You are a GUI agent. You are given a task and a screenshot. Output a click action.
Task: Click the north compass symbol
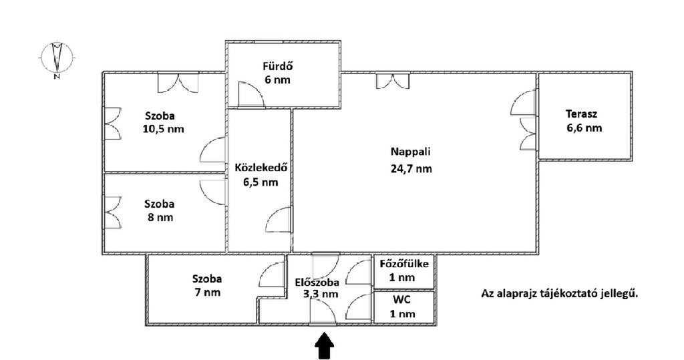57,59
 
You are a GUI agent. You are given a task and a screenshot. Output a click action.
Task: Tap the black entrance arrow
324,346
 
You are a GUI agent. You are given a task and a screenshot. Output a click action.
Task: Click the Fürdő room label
277,67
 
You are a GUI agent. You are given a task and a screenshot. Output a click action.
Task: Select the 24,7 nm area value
411,169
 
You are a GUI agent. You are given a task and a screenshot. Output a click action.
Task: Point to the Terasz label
582,114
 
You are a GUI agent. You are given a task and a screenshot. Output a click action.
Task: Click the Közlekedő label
261,168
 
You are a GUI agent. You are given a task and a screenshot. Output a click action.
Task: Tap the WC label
401,300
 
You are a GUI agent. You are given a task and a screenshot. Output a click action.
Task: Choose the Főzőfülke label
404,264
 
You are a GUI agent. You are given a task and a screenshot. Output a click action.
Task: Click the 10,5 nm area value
163,129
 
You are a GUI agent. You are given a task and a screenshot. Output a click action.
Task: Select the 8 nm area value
160,217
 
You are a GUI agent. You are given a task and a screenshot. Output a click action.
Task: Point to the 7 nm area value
208,293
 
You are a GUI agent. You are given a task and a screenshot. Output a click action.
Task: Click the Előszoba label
317,283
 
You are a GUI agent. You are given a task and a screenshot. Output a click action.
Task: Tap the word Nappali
411,152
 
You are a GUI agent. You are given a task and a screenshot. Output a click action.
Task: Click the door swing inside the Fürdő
251,94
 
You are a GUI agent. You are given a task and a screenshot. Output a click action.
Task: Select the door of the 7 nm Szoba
271,275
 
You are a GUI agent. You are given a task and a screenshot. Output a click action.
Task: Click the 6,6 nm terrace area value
584,128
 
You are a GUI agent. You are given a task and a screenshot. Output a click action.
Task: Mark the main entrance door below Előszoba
323,313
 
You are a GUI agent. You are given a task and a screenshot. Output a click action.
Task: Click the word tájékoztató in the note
576,294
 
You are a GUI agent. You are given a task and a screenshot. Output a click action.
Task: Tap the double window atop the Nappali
393,81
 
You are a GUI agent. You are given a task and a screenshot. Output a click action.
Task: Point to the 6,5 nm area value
261,182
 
